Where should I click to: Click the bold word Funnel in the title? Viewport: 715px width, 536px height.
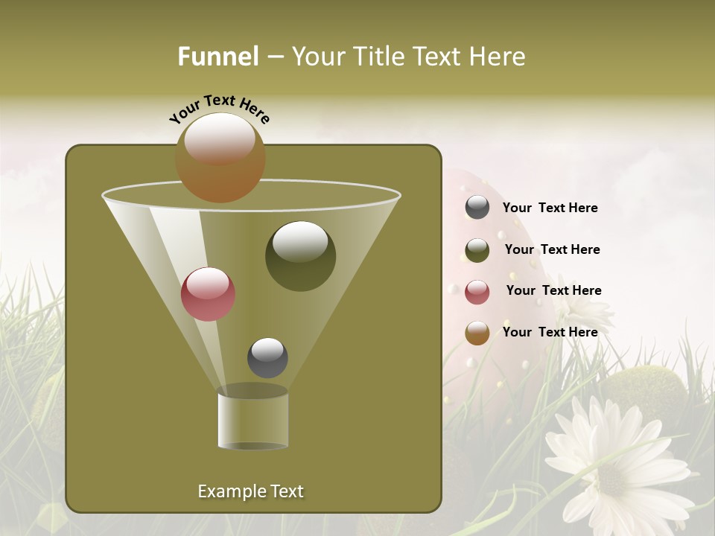pos(218,57)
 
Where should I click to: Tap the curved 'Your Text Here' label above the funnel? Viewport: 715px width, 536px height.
pos(220,109)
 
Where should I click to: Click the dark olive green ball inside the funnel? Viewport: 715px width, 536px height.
pos(300,256)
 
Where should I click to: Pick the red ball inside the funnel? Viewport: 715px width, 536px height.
pos(208,294)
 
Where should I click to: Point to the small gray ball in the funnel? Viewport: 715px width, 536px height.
pos(267,358)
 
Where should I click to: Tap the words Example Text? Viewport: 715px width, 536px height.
pos(250,491)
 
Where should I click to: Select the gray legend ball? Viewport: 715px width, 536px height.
pos(477,208)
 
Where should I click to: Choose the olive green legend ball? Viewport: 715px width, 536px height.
pos(477,250)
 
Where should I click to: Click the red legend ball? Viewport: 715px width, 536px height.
pos(477,292)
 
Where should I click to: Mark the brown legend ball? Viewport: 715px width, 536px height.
pos(477,333)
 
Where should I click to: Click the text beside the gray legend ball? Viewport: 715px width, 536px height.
pos(550,208)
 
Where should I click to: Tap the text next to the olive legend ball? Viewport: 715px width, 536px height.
pos(552,249)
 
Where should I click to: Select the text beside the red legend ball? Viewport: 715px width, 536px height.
pos(553,290)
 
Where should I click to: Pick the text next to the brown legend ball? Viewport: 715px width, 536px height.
pos(550,332)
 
